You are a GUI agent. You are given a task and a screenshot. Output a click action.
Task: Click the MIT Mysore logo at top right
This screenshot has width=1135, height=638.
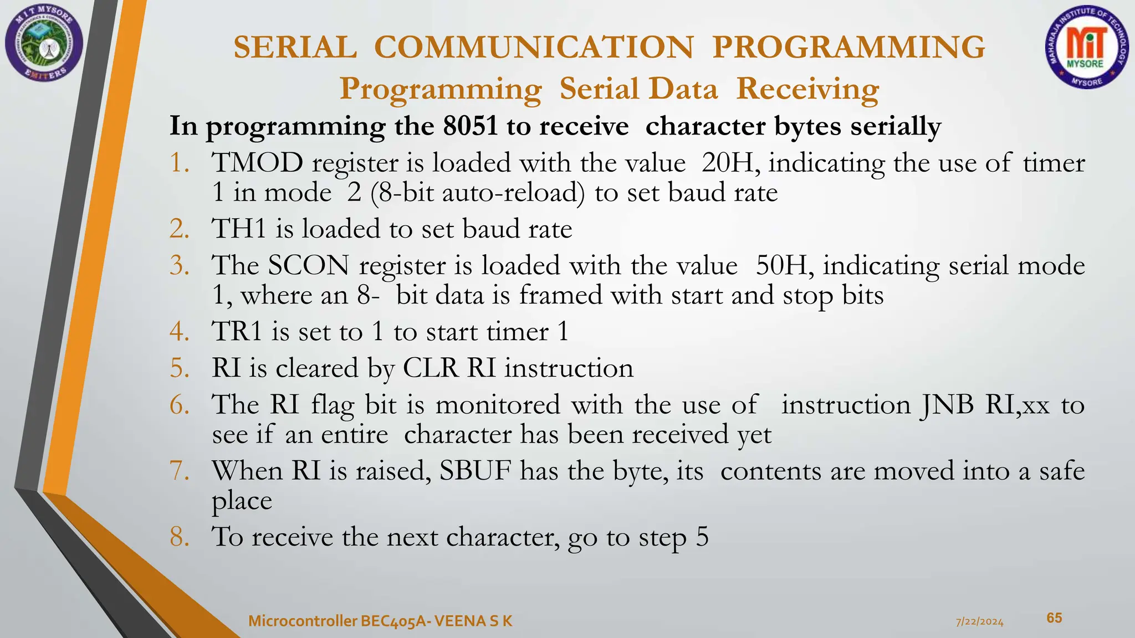pos(1086,49)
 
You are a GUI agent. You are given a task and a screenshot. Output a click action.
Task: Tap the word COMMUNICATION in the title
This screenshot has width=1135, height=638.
pos(534,47)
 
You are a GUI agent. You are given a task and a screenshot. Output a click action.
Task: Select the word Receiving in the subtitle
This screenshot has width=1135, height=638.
pos(807,89)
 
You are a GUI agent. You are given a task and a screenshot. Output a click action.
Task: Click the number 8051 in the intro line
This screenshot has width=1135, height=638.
pos(470,126)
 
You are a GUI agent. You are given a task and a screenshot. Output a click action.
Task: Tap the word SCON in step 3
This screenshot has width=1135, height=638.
pos(308,266)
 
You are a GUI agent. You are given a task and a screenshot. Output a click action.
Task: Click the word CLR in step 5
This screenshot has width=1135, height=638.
pos(430,368)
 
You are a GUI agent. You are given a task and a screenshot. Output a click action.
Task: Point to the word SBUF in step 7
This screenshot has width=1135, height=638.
pos(475,471)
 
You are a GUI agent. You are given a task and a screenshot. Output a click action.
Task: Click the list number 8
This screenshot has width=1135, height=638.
pos(179,537)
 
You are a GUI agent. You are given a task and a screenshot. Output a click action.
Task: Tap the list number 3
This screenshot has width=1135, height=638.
pos(179,266)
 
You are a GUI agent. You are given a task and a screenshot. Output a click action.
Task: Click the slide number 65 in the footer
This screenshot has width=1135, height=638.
pos(1054,618)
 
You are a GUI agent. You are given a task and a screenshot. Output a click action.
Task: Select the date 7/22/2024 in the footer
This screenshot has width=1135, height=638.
pos(980,622)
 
